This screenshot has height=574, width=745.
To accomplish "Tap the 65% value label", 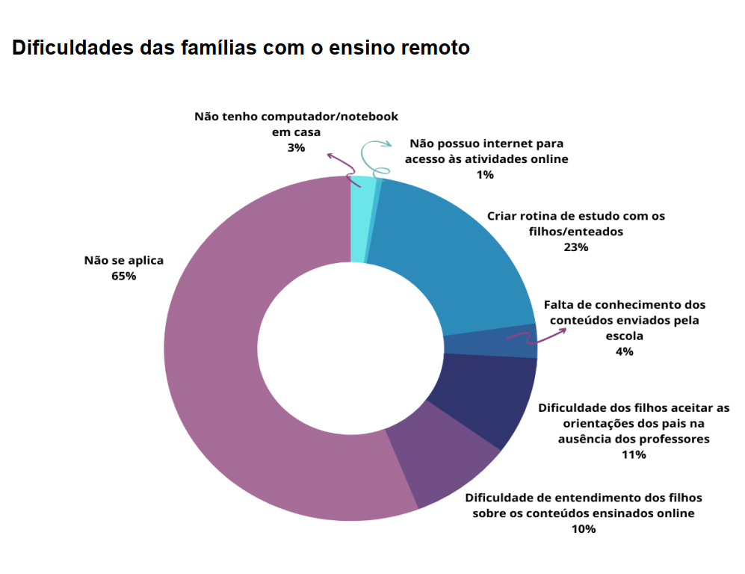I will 123,276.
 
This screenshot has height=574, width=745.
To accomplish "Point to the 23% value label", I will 576,247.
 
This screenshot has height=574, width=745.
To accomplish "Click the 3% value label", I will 296,148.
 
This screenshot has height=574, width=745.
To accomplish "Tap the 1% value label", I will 485,175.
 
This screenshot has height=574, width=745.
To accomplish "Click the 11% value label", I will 634,454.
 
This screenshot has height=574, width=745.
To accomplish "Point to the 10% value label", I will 584,529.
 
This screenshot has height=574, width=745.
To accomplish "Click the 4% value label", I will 624,351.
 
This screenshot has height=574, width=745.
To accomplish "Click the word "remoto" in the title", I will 435,49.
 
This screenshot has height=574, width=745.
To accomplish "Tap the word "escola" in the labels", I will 625,336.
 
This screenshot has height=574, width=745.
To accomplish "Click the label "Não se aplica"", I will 123,261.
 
